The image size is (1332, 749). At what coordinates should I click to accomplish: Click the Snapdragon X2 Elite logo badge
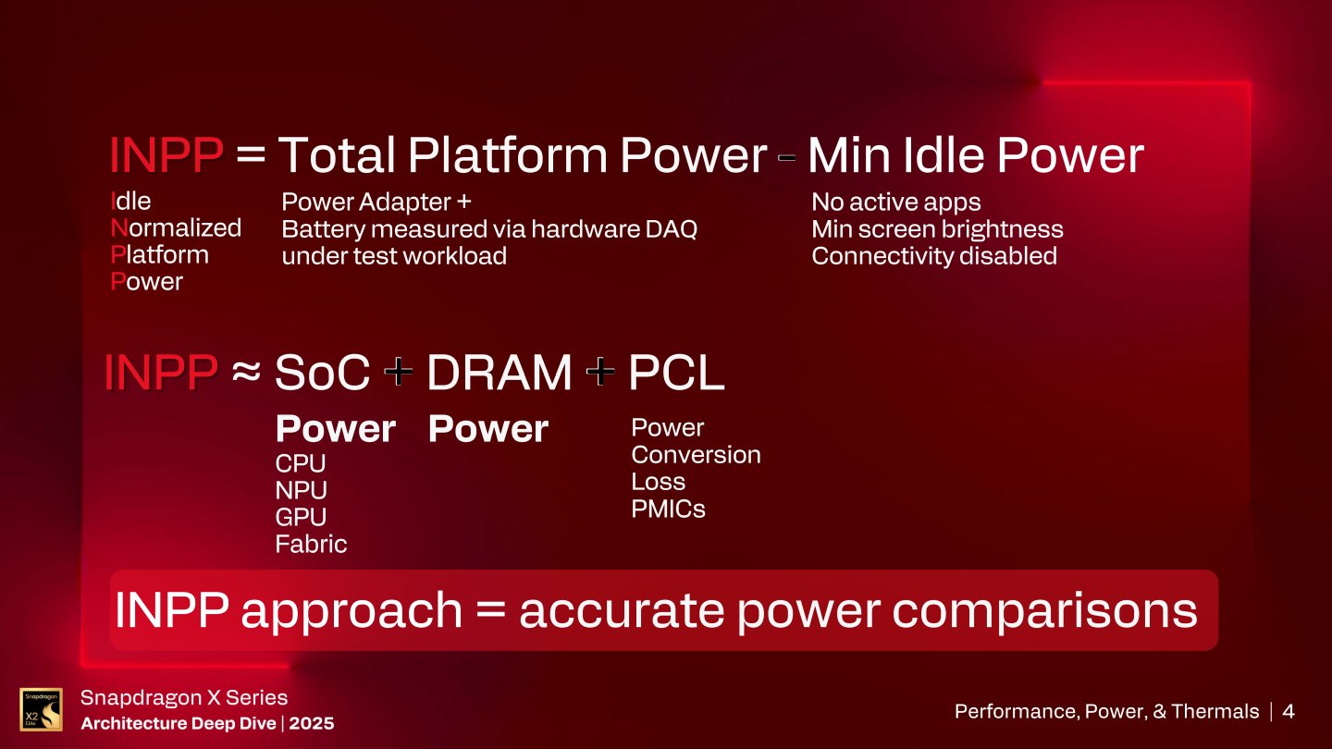41,709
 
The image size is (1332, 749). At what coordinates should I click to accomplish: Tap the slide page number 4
1289,711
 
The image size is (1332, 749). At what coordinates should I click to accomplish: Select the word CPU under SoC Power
301,463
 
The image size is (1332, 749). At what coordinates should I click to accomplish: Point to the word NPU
301,490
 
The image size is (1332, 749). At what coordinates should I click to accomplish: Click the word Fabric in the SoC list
311,544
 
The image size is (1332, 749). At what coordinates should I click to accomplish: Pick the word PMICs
668,509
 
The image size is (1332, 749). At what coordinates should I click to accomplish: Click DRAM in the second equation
499,374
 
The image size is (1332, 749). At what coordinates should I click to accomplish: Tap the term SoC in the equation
322,374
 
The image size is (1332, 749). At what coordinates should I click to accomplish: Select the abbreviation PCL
676,374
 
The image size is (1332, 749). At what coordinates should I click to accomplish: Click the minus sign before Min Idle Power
787,158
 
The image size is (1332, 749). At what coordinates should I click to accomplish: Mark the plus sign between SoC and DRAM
399,374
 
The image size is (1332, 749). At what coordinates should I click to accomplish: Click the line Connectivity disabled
933,256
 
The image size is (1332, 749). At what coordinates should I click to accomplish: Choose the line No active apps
895,203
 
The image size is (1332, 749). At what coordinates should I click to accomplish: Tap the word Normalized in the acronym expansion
176,227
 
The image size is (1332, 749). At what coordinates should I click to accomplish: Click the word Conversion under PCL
696,455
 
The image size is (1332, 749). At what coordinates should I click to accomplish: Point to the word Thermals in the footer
1215,711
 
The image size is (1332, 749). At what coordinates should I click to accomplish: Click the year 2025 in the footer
311,723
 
